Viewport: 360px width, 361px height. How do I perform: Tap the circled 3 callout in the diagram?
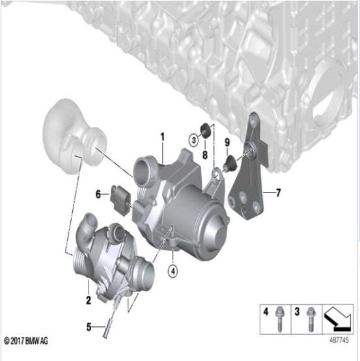coord(194,139)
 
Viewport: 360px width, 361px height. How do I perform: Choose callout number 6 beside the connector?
coord(98,194)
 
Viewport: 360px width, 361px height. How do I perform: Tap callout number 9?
coord(227,142)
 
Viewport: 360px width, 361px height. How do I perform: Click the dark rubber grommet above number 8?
coord(203,127)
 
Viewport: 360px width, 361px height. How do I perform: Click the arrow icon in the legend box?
coord(339,315)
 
